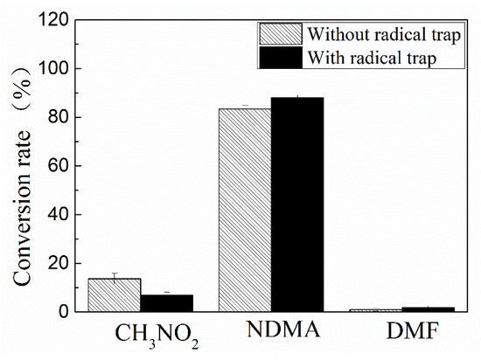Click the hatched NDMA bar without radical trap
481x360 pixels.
click(x=244, y=210)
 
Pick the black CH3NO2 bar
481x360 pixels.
click(x=167, y=302)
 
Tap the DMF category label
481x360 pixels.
click(x=408, y=333)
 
